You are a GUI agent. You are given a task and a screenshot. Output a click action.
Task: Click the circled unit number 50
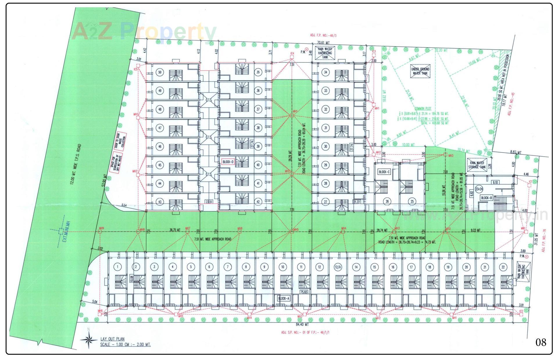coord(160,72)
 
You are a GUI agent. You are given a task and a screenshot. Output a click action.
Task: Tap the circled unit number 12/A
coord(338,267)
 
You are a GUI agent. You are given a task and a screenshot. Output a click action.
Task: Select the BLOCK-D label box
coord(228,162)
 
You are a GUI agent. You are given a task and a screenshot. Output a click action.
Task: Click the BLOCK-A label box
coord(284,298)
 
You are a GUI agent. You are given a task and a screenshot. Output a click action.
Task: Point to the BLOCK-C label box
coord(384,172)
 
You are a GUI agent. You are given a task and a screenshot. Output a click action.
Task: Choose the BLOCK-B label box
coord(487,198)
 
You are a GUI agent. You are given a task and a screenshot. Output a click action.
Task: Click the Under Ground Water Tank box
coord(420,71)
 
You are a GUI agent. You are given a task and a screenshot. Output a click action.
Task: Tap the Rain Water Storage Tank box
coord(477,165)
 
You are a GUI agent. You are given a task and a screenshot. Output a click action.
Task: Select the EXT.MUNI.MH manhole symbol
coord(61,231)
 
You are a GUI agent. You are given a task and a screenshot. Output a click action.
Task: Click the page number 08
coord(541,342)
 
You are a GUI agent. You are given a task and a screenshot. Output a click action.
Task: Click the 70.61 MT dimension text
coord(323,42)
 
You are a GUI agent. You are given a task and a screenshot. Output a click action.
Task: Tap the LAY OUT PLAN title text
coord(112,339)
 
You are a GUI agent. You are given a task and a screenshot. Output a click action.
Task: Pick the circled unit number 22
coord(503,267)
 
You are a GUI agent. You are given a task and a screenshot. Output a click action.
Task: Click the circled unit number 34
coord(325,72)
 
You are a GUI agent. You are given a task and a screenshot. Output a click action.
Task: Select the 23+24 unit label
coord(479,189)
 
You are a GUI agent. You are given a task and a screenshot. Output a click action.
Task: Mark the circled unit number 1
coord(117,267)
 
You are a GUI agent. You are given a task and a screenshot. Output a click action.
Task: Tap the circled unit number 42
coord(258,202)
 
